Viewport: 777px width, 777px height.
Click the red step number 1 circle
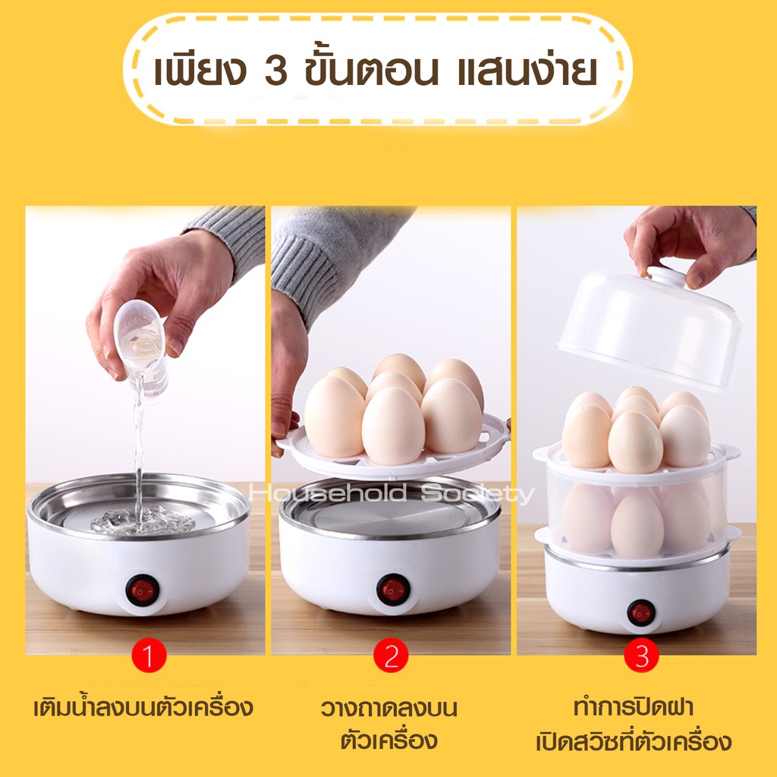[148, 655]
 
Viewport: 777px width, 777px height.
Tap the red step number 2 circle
[391, 655]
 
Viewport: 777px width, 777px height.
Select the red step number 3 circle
[641, 655]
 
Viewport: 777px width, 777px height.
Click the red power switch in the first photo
[142, 590]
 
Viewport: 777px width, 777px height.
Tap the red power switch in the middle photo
[393, 590]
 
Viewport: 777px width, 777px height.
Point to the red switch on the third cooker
[640, 613]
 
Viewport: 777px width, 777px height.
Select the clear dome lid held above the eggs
[650, 328]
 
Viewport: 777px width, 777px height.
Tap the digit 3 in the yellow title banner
[275, 71]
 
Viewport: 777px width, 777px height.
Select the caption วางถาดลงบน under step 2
[389, 708]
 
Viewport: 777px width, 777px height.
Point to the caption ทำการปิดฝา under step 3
[633, 706]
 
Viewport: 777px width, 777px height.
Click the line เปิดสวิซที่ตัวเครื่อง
[634, 741]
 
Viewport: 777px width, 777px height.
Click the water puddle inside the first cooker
[142, 521]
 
